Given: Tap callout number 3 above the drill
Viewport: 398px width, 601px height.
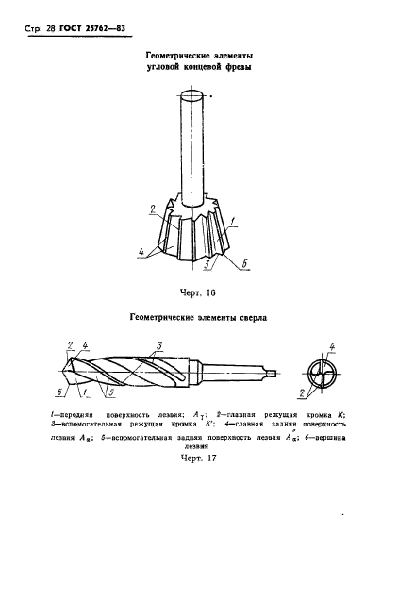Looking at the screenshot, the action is click(x=161, y=344).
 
